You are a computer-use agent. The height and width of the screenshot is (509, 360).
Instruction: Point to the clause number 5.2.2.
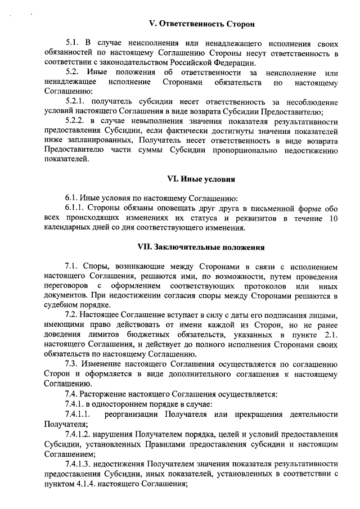[76, 121]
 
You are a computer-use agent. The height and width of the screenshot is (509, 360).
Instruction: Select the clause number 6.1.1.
[75, 208]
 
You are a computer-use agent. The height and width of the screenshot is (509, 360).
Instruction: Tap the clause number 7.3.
[71, 363]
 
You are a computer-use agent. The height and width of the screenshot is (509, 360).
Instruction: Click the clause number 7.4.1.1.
[79, 415]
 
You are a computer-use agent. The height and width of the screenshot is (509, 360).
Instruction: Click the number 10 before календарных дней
[332, 218]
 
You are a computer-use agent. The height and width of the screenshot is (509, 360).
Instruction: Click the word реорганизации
[132, 415]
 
